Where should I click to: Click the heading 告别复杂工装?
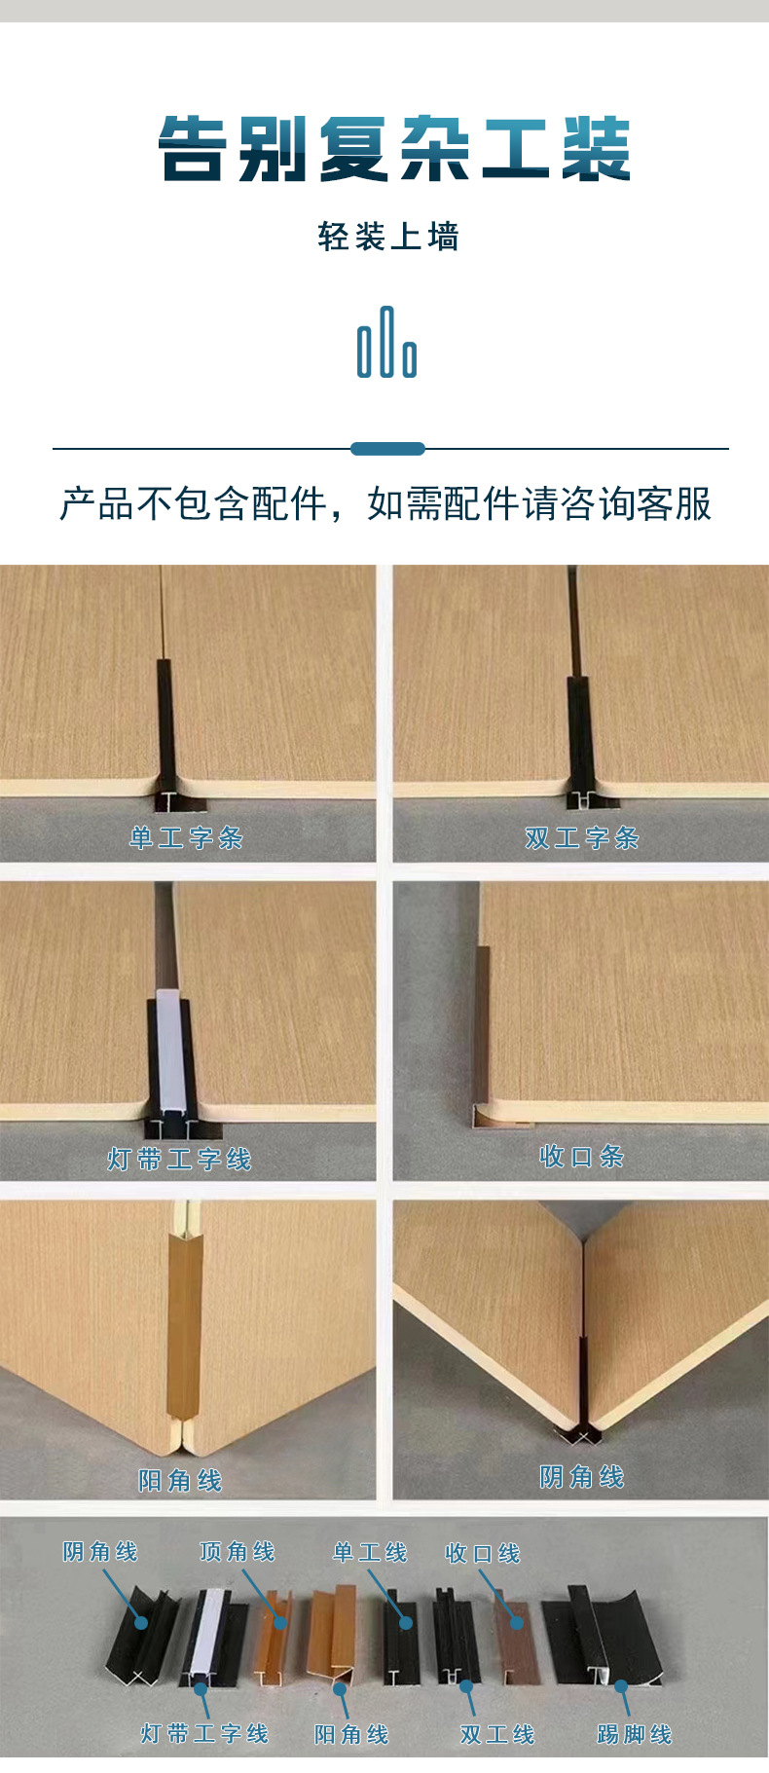(x=394, y=149)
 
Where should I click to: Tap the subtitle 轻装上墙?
(x=387, y=237)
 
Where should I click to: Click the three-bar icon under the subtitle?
(x=386, y=343)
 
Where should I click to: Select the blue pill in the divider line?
(x=387, y=449)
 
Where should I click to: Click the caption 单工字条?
(x=186, y=837)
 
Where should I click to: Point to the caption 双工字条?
(x=581, y=837)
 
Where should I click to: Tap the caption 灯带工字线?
(x=180, y=1159)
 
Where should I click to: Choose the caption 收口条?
(x=581, y=1157)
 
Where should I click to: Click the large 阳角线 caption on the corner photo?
(x=180, y=1481)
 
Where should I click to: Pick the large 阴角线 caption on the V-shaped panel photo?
(x=581, y=1477)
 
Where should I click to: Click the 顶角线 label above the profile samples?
(x=238, y=1552)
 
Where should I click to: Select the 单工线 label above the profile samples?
(x=370, y=1552)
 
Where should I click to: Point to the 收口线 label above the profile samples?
(x=483, y=1553)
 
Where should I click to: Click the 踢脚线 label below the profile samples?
(x=634, y=1734)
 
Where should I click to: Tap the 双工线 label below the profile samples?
(x=497, y=1734)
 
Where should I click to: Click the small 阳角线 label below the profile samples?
(x=351, y=1734)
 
